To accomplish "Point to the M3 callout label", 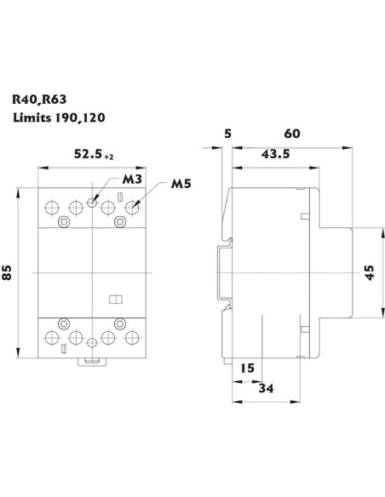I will (x=132, y=180).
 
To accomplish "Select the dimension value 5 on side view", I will (x=227, y=134).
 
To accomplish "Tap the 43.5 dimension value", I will (x=273, y=154).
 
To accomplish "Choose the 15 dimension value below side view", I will (x=246, y=368).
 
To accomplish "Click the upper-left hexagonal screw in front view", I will (x=64, y=223).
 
